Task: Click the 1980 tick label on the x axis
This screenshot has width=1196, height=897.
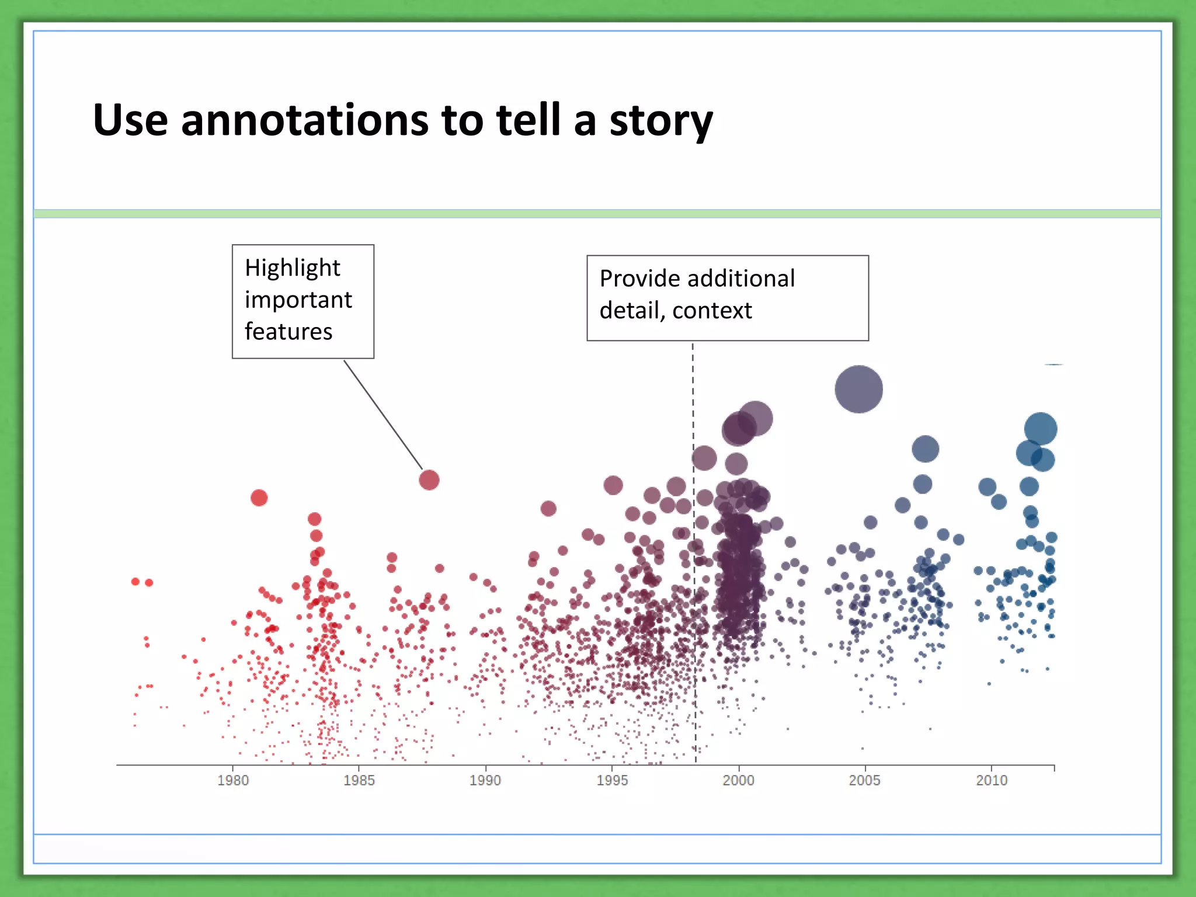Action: point(233,780)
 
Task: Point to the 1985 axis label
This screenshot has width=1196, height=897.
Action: point(359,780)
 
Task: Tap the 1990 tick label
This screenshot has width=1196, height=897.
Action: point(485,780)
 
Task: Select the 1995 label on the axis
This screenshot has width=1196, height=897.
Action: point(612,780)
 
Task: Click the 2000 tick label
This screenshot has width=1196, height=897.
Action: point(738,780)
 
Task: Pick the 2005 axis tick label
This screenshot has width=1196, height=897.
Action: point(864,780)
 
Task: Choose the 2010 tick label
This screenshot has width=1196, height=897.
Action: point(992,780)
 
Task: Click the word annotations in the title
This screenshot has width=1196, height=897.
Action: point(304,120)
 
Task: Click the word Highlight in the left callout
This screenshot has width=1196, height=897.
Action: point(292,268)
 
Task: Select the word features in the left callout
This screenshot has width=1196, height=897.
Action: point(288,332)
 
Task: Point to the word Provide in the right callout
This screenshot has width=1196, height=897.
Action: point(639,279)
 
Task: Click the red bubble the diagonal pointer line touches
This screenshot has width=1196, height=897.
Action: point(429,480)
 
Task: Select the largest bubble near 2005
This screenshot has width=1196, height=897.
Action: point(858,389)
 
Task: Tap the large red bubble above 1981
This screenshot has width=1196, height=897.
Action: point(259,498)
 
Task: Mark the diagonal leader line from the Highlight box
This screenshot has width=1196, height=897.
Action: point(383,415)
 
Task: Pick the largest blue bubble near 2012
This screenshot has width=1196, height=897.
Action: point(1041,429)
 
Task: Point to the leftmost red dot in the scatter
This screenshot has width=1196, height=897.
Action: point(135,582)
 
